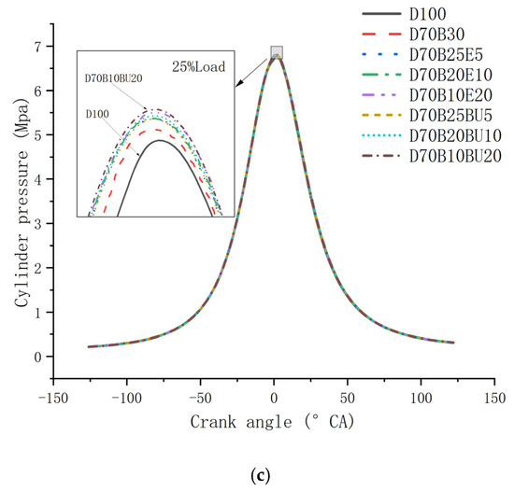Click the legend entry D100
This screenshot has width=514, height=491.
428,14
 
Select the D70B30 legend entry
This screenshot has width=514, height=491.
437,34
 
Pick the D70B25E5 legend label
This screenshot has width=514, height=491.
446,55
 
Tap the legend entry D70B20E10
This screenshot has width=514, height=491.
450,75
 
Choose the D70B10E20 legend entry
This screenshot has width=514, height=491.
450,95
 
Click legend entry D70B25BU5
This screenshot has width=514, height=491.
450,116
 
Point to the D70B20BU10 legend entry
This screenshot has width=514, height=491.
455,135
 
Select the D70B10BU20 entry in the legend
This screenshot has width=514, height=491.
455,156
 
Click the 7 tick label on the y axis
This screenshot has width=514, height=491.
38,47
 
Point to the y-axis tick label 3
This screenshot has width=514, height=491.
38,224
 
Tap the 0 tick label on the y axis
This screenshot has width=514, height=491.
38,357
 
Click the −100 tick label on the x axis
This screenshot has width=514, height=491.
127,399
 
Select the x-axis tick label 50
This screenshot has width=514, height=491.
347,399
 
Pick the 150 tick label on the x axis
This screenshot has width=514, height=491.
494,399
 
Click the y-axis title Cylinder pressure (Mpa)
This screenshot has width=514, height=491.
21,203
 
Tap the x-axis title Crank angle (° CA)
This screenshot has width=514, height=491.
273,422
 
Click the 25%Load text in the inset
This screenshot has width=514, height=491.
199,67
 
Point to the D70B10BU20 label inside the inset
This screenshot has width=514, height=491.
113,78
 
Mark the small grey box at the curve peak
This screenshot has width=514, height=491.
277,52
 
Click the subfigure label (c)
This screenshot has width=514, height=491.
261,476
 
